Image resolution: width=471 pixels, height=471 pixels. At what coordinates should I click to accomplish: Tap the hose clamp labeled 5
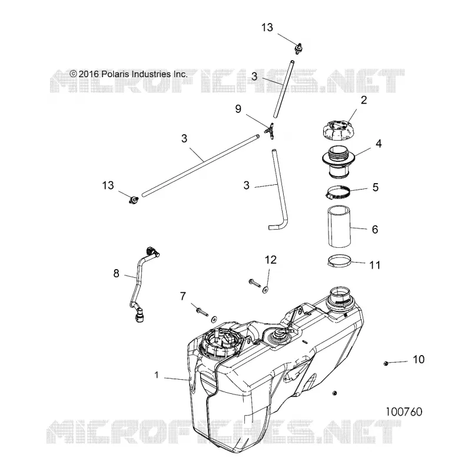click(x=339, y=193)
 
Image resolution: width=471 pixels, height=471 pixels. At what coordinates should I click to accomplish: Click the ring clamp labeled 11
click(x=339, y=261)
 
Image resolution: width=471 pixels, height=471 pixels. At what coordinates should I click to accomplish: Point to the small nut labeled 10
click(x=386, y=363)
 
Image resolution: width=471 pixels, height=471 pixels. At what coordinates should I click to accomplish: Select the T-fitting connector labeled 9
click(x=270, y=131)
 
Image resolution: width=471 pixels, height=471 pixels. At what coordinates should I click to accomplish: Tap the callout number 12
click(x=271, y=260)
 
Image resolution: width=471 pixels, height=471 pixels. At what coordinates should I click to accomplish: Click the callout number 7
click(x=183, y=297)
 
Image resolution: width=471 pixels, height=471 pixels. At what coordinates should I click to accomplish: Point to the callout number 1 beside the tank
click(x=156, y=375)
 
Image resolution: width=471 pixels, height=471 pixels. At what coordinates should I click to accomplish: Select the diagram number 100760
click(x=404, y=412)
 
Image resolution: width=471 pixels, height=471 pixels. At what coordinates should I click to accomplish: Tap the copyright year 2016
click(x=89, y=74)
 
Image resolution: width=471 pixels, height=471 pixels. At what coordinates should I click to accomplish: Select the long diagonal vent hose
click(x=200, y=165)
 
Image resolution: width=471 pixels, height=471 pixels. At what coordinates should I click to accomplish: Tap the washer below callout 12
click(x=266, y=290)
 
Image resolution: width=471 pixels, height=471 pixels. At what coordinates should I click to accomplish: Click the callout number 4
click(x=379, y=144)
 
